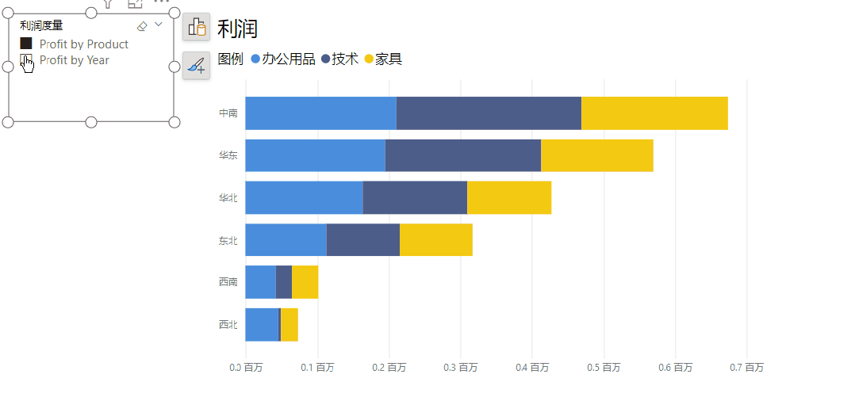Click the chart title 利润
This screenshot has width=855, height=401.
(237, 29)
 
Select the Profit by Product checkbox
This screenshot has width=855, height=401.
(26, 44)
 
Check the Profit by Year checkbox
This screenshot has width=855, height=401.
(25, 60)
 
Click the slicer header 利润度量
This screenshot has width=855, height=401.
(41, 26)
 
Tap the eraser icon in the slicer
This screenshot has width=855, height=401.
(142, 26)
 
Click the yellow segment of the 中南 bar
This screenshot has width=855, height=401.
(654, 113)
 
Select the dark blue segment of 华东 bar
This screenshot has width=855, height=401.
(462, 155)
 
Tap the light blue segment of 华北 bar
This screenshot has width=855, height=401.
(304, 197)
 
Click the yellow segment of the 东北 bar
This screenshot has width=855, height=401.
(435, 239)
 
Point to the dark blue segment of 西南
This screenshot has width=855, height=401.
(284, 282)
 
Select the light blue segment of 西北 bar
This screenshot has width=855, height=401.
(262, 324)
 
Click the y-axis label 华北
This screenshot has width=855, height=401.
(228, 197)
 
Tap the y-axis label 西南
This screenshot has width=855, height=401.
(228, 282)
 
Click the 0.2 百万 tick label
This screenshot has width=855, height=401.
(389, 368)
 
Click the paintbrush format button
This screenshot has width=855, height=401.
(196, 66)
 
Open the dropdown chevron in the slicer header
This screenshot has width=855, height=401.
(159, 25)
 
